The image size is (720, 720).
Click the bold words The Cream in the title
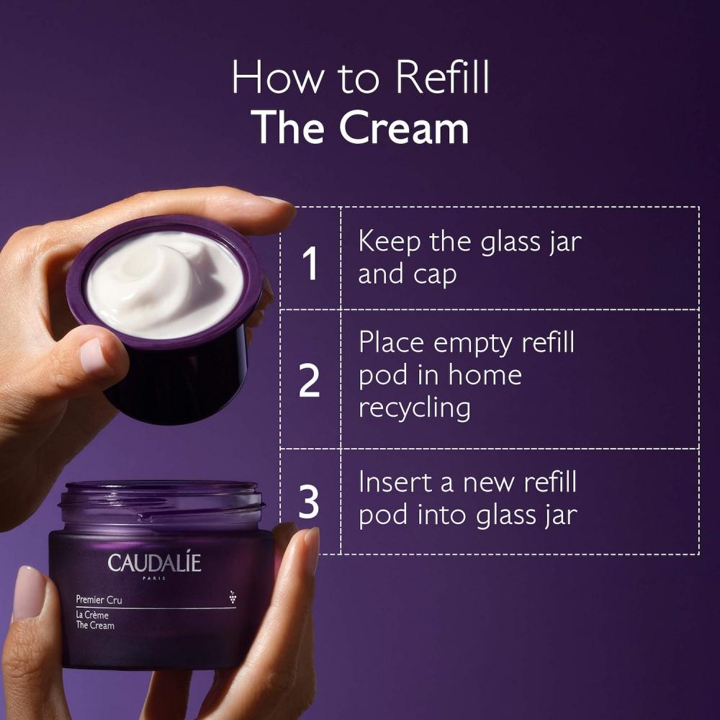coord(362,127)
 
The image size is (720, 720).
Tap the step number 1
coord(310,264)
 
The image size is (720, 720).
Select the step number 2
coord(310,382)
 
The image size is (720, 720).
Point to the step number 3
coord(310,503)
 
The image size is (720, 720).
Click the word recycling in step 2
coord(414,408)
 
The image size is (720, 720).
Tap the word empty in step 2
coord(472,343)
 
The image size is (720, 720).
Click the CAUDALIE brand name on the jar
coord(155,563)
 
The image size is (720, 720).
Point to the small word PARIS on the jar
coord(154,580)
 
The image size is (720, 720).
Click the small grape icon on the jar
coord(232,595)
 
